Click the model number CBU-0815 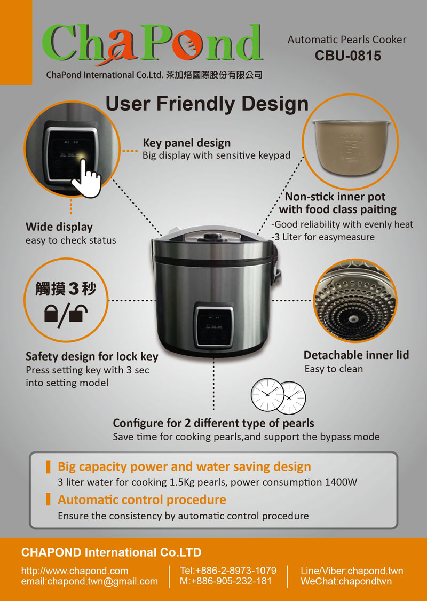[347, 56]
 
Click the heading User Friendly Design [207, 104]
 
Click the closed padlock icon [51, 313]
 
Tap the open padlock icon [78, 313]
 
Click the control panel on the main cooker [213, 325]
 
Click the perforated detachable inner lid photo [355, 300]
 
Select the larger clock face [267, 395]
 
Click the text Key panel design [186, 143]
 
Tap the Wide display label [59, 227]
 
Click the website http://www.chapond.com [75, 571]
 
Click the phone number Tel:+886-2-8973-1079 [228, 571]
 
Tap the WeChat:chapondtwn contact [346, 581]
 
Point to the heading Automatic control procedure [141, 500]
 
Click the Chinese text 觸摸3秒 [66, 288]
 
